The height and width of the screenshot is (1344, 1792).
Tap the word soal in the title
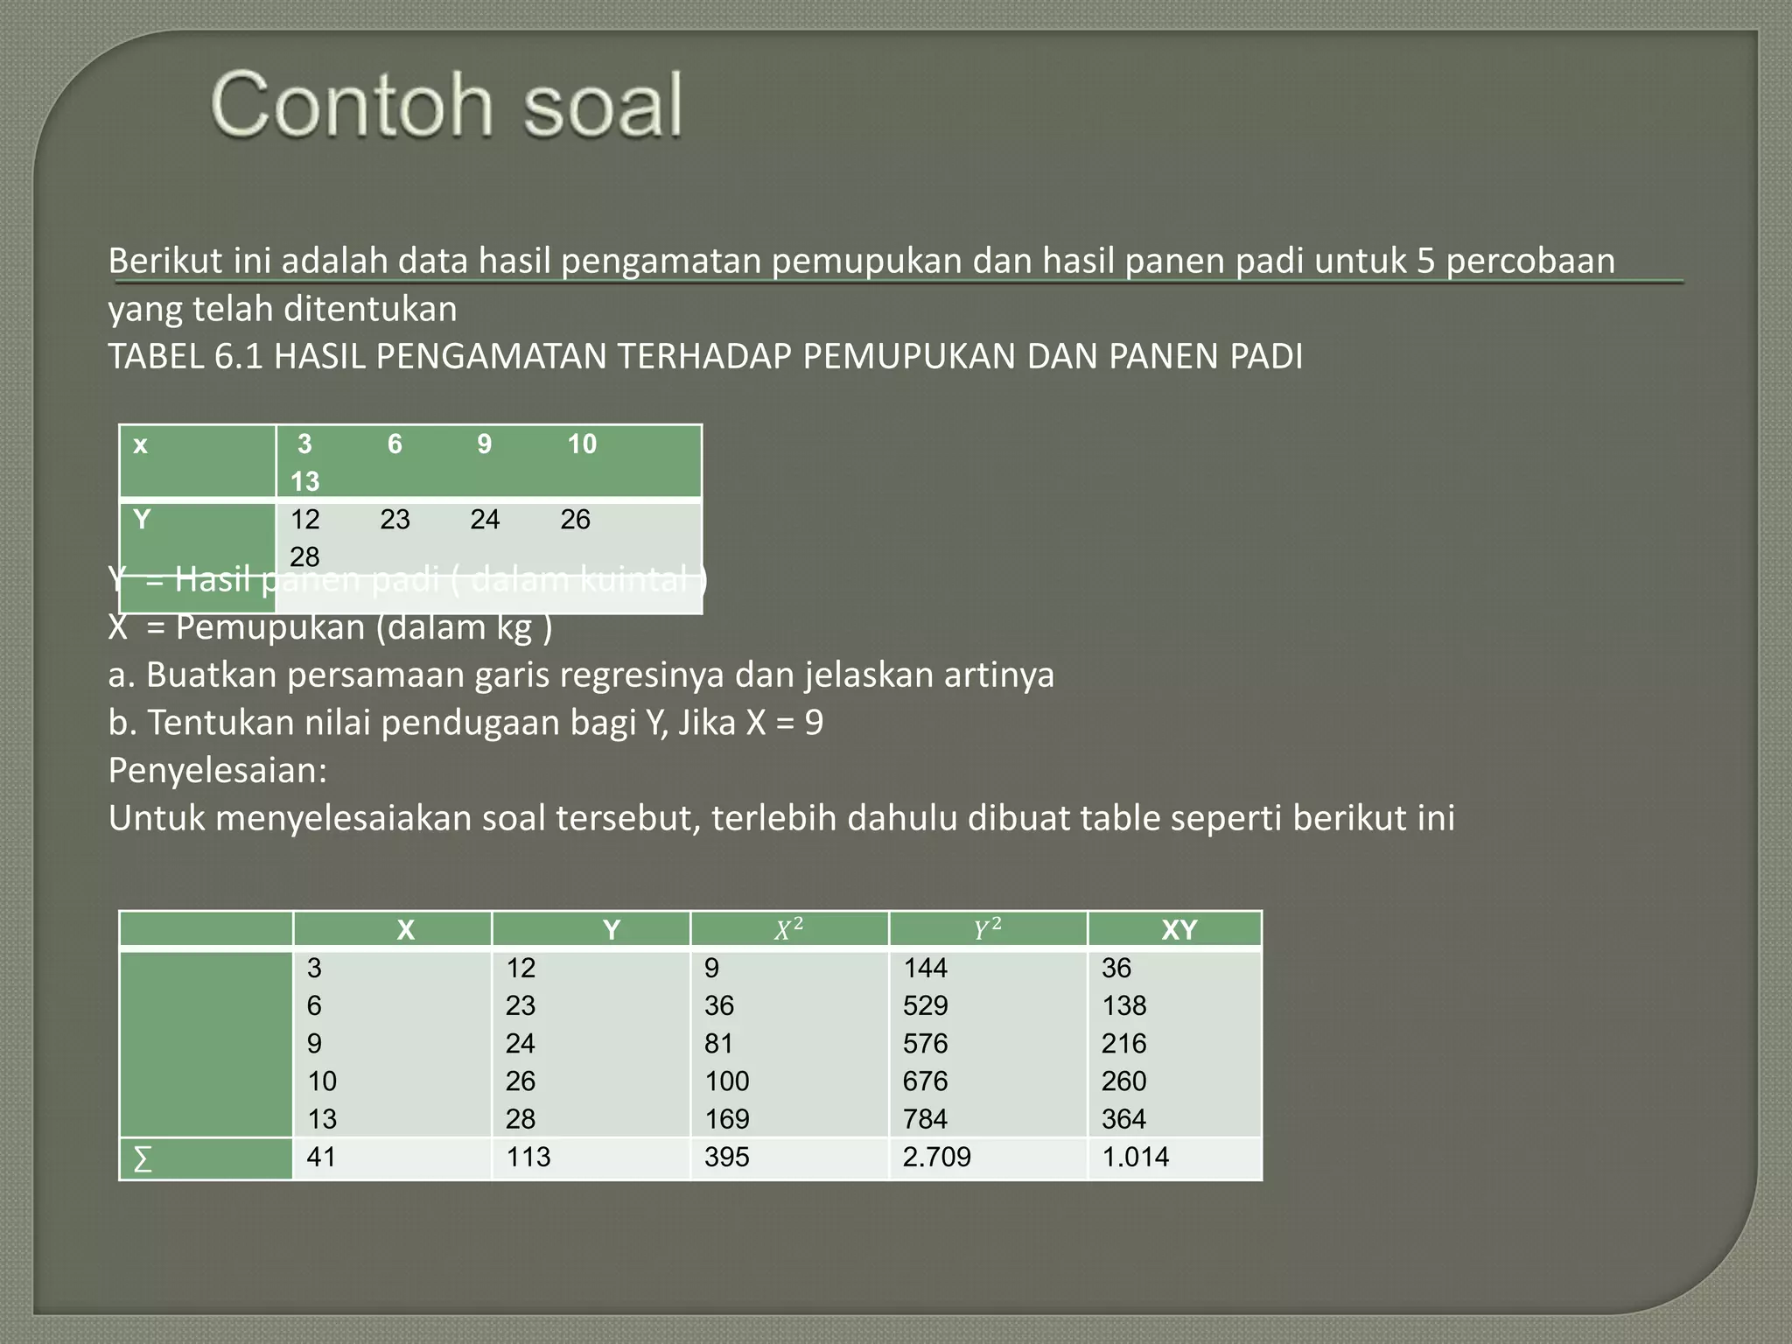[603, 106]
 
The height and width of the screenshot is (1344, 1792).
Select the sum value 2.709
[936, 1157]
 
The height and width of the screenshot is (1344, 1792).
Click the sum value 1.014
[1135, 1157]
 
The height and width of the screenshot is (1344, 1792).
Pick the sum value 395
[726, 1157]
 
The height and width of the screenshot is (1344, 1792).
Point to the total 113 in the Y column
[528, 1157]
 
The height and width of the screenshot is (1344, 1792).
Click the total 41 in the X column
[321, 1157]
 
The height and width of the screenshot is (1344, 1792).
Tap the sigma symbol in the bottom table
[142, 1159]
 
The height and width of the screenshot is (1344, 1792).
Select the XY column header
[1179, 929]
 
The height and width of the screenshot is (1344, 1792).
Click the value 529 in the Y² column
[925, 1005]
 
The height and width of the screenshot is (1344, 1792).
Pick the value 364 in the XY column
[1123, 1119]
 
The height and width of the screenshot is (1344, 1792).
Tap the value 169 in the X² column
[726, 1119]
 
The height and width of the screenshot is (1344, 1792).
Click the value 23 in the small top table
[395, 520]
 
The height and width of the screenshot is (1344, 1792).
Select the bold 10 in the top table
[582, 444]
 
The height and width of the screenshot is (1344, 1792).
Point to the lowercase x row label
[140, 445]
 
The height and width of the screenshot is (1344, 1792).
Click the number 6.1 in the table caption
[238, 357]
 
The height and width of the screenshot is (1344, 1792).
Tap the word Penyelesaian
[217, 771]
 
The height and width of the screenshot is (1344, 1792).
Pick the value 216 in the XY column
[1123, 1043]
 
